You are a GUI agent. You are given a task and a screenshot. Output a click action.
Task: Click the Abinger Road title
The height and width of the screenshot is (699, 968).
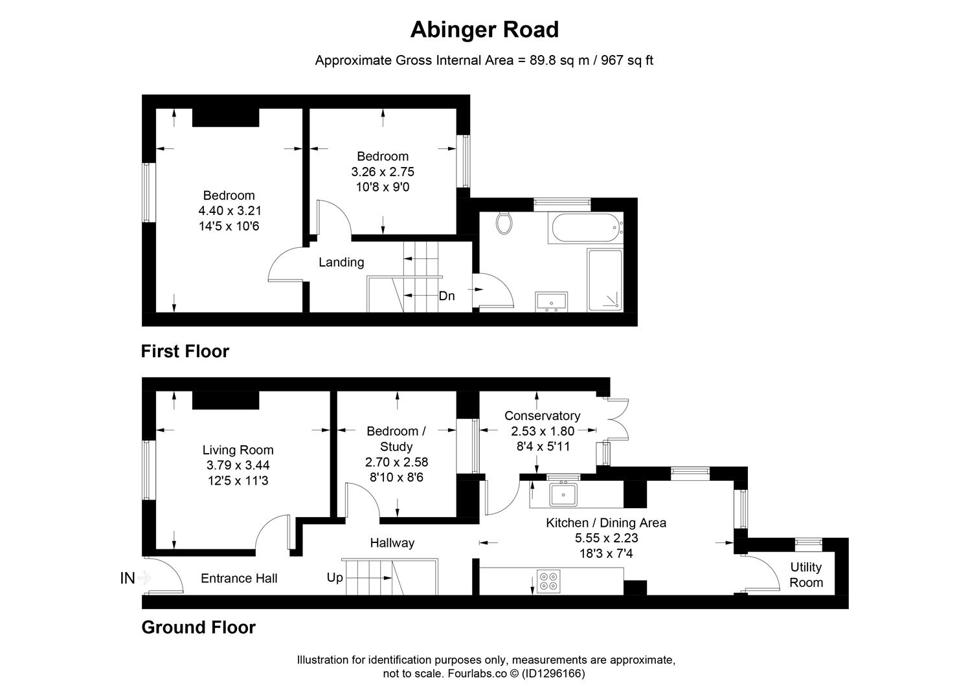point(484,30)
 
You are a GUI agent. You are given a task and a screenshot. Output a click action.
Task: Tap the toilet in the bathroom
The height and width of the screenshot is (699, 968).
point(504,223)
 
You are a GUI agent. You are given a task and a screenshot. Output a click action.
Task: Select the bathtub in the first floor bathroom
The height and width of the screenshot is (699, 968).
point(585,227)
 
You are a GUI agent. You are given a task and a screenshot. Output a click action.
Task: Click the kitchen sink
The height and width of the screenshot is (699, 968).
point(563,494)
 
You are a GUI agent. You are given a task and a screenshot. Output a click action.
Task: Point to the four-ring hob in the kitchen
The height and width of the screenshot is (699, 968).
point(548,581)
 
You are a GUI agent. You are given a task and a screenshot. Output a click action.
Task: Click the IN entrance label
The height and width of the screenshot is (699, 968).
point(128,578)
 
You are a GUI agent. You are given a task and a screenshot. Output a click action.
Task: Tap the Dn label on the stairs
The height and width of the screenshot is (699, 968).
point(447,296)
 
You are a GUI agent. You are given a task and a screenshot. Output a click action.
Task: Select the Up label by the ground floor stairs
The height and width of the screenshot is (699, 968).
point(335,577)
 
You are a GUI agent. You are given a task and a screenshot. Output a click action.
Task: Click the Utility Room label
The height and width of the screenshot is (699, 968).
point(806,575)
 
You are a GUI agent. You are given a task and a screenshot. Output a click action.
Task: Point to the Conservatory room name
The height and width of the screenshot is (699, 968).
point(543,416)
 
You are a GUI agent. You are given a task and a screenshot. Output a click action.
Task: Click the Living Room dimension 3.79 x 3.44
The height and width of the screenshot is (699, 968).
point(238,465)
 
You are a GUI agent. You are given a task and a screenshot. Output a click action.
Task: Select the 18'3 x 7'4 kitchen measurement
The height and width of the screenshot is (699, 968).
point(606,553)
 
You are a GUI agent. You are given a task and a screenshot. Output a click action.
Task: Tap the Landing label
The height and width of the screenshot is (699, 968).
point(341,262)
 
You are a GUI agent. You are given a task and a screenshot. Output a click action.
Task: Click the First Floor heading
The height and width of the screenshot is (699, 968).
point(185,351)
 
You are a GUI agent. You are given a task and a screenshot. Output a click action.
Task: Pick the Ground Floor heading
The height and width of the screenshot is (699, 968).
point(198,627)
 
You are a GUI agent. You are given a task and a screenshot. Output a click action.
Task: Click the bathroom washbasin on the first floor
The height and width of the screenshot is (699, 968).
point(552,302)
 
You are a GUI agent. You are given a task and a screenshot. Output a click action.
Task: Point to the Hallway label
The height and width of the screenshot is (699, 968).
point(392,543)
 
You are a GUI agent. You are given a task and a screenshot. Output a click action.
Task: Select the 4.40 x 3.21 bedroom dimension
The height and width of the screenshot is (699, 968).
point(230,211)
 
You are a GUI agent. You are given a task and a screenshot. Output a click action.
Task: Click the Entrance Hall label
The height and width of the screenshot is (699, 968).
point(239,579)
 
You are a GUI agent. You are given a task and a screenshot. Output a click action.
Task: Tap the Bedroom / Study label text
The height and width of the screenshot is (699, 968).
point(396,439)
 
